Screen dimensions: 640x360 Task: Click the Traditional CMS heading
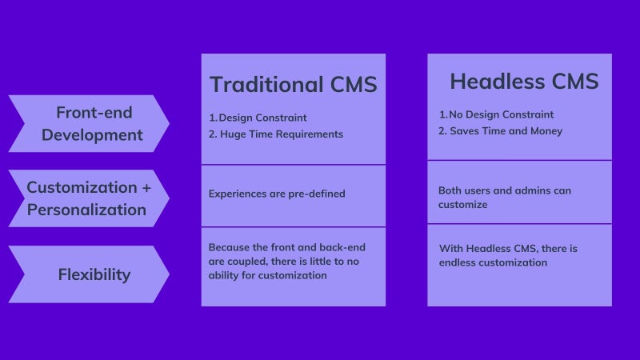point(294,85)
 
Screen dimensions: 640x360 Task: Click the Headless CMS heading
point(524,82)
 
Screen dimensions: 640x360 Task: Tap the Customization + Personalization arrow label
point(89,198)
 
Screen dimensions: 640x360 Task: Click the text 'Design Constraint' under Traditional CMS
point(262,118)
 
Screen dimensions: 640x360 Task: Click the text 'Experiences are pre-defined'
point(277,194)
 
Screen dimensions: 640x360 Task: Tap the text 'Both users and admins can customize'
point(505,198)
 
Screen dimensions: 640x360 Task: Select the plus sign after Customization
point(146,188)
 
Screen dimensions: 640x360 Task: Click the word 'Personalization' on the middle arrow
point(86,210)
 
